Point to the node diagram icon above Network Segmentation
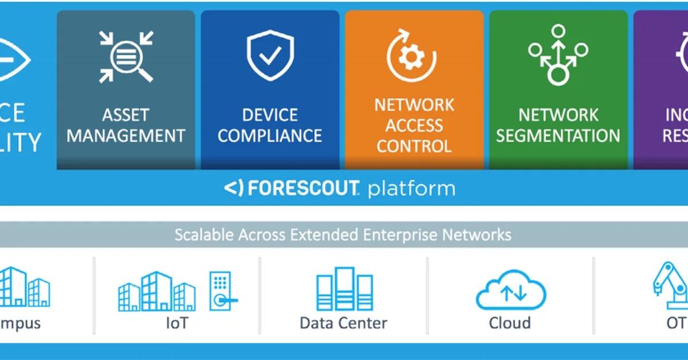(x=558, y=55)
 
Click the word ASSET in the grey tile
(x=126, y=115)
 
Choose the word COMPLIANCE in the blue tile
(x=270, y=136)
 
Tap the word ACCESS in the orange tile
(x=414, y=126)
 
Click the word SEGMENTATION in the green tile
(x=558, y=136)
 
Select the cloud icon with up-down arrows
(x=511, y=292)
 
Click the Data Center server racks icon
(x=343, y=289)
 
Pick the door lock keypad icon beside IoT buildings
(x=221, y=292)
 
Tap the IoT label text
(x=176, y=323)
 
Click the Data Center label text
(x=343, y=323)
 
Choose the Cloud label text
(x=510, y=323)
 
